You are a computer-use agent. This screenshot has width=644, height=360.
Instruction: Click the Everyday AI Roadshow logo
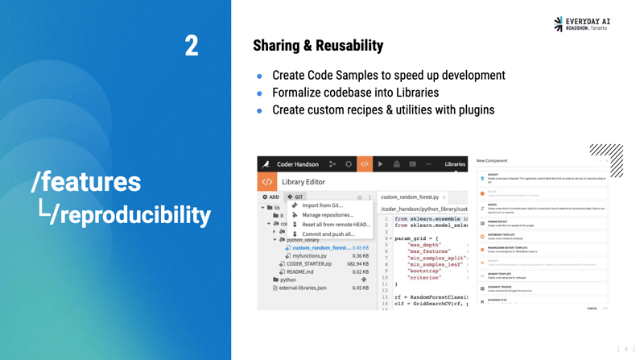point(586,23)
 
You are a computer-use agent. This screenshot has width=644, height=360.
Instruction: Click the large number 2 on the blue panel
point(192,46)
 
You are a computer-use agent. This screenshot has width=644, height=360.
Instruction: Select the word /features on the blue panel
point(86,181)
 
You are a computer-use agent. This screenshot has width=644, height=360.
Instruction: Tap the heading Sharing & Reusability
point(317,45)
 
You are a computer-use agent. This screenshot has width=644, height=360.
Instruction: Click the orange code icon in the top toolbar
point(364,164)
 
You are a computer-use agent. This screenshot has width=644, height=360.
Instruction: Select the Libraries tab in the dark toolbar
point(455,164)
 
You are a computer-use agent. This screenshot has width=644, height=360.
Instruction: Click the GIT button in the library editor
point(296,197)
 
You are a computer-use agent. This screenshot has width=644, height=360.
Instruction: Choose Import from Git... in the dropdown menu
point(321,205)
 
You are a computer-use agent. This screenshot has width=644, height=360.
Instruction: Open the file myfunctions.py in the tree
point(309,256)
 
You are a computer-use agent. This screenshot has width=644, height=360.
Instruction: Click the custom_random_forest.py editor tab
point(409,197)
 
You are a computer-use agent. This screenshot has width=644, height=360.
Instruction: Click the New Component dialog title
point(492,161)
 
